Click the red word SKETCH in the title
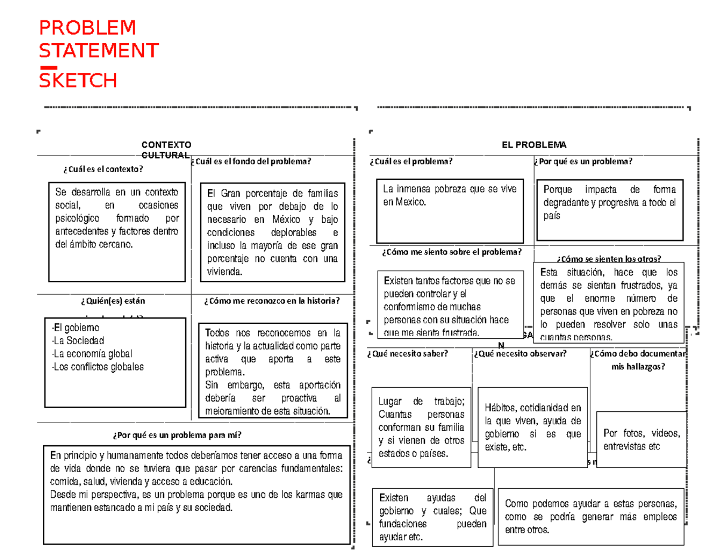click(x=78, y=80)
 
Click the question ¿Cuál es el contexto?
click(x=103, y=169)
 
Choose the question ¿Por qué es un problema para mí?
click(x=176, y=434)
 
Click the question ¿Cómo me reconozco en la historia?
click(x=272, y=300)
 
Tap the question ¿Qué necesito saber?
click(x=408, y=354)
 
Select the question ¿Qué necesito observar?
click(x=519, y=354)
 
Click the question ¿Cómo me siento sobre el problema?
click(x=451, y=252)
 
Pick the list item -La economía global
click(x=92, y=354)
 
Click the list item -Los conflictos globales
click(x=98, y=367)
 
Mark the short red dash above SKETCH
click(x=48, y=66)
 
